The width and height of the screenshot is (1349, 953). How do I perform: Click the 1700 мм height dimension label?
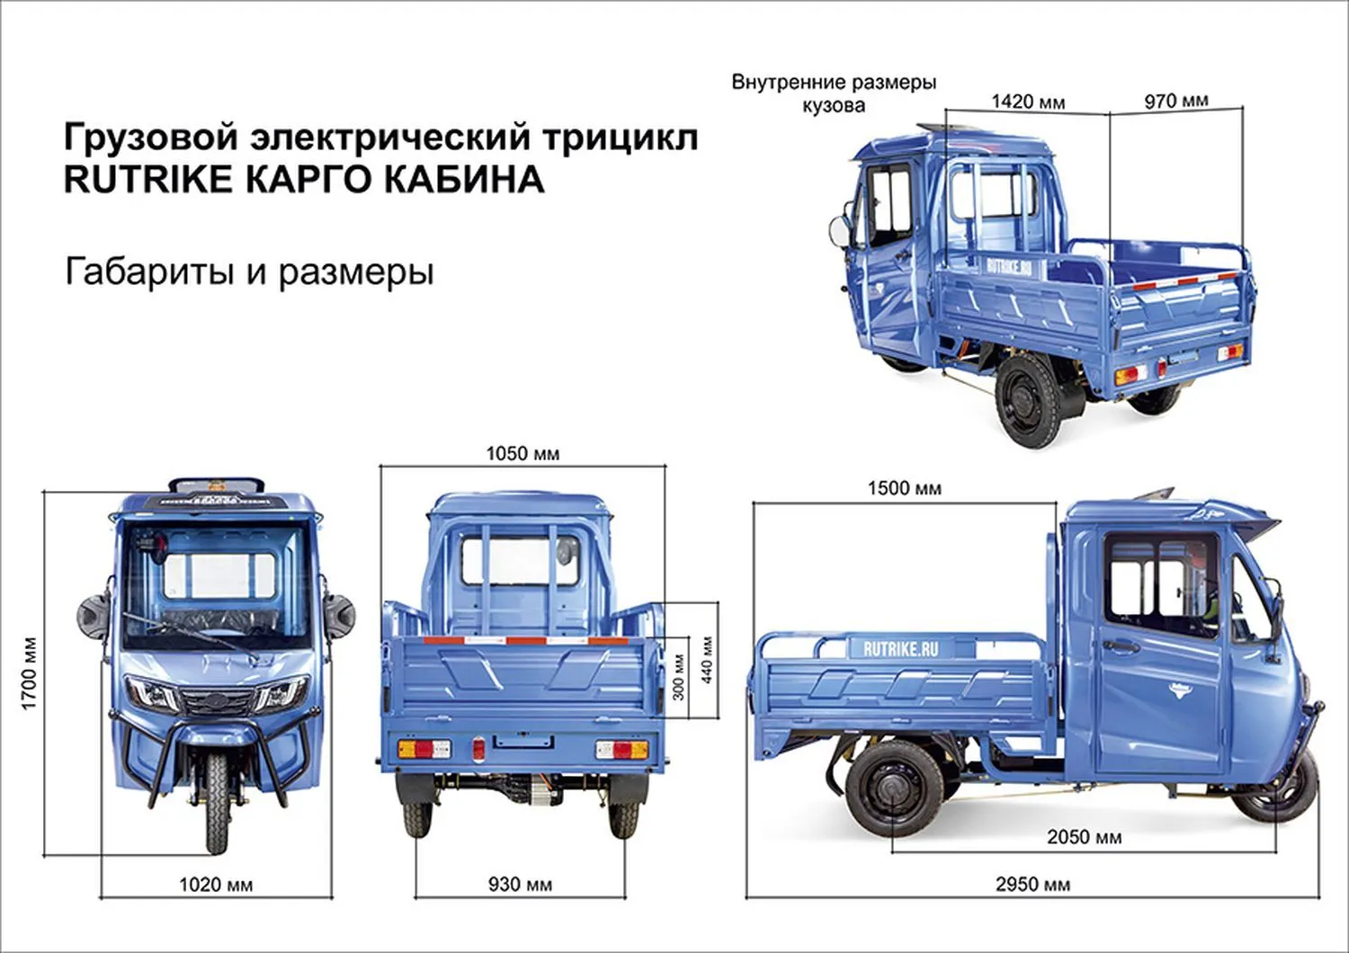pos(30,673)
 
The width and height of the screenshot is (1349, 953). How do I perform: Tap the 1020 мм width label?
pos(216,885)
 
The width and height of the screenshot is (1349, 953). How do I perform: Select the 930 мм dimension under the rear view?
pos(520,885)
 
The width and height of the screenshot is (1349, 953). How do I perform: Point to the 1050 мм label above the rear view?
pos(523,454)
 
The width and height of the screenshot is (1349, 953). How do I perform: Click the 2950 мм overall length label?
pos(1032,885)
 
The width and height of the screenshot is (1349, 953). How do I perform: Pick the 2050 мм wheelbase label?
pos(1084,837)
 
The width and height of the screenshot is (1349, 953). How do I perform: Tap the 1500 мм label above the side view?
pos(904,489)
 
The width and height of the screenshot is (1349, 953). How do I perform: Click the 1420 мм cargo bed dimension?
pos(1028,102)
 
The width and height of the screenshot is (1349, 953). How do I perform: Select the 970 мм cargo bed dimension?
pos(1175,102)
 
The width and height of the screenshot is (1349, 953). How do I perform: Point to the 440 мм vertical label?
pos(707,660)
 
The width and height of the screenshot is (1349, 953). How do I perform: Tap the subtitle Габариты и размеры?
pos(249,272)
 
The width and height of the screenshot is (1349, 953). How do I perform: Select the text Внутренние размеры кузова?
pos(834,94)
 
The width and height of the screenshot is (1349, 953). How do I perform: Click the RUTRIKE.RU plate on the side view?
pos(899,649)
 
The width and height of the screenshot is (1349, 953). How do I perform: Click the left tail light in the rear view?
pos(424,749)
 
